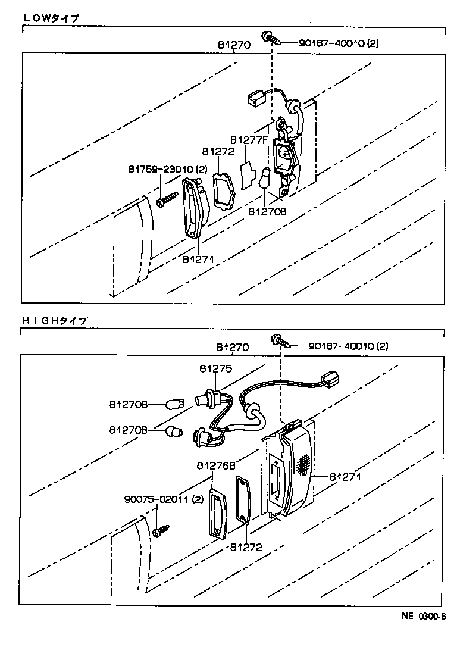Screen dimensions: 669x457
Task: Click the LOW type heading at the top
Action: pyautogui.click(x=51, y=18)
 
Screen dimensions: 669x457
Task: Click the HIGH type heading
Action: pyautogui.click(x=55, y=320)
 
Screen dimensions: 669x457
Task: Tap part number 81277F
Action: pyautogui.click(x=248, y=140)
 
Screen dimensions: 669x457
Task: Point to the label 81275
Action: pyautogui.click(x=215, y=369)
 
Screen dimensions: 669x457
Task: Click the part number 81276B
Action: pyautogui.click(x=213, y=466)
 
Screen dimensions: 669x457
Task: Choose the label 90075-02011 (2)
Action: pyautogui.click(x=164, y=499)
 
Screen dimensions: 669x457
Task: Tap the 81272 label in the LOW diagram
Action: pyautogui.click(x=218, y=151)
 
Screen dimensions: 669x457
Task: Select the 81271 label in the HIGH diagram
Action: pyautogui.click(x=346, y=477)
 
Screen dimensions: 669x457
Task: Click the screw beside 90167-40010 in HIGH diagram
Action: pyautogui.click(x=280, y=342)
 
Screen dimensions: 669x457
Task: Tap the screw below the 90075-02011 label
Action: pyautogui.click(x=161, y=529)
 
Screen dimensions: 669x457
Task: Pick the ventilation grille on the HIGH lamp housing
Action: pyautogui.click(x=303, y=464)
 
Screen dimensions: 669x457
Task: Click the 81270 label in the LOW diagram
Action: pyautogui.click(x=233, y=45)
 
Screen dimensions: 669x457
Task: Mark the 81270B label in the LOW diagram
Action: pyautogui.click(x=267, y=211)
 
